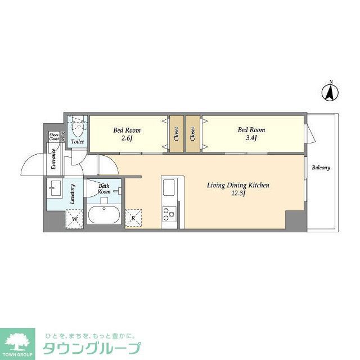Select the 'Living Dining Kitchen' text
point(238,185)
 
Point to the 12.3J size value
point(238,193)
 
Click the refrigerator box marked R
point(133,218)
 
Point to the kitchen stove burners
point(169,214)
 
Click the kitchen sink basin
point(169,187)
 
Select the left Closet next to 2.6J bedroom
point(176,134)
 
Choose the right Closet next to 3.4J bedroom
point(193,134)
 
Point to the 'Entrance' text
point(53,159)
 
